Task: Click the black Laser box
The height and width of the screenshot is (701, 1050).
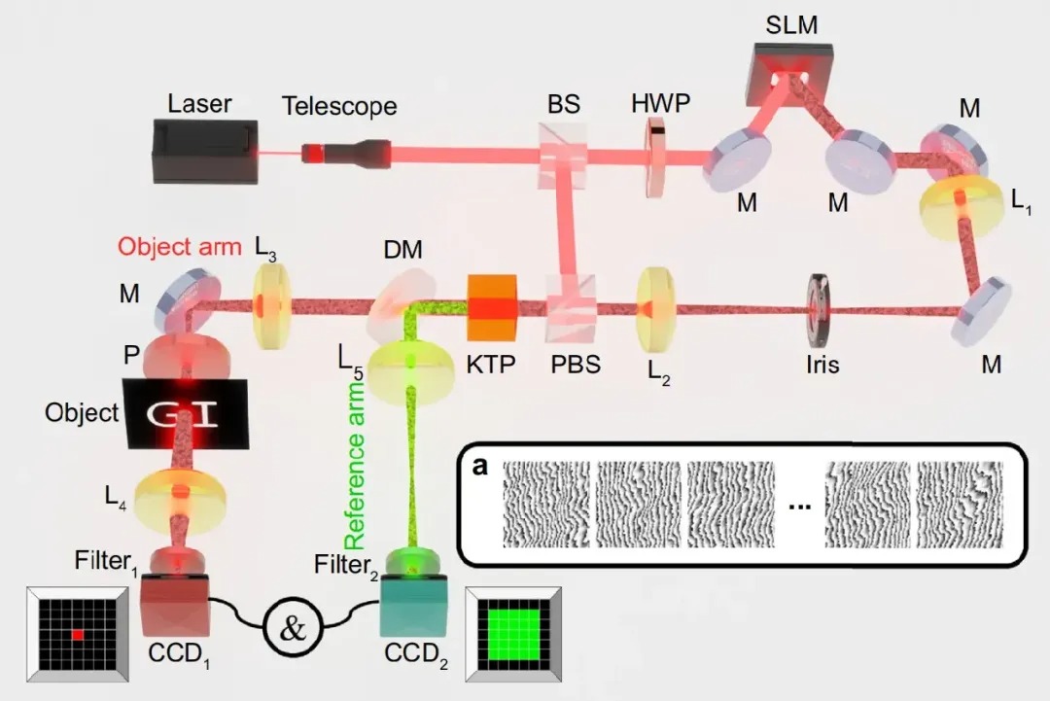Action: tap(205, 151)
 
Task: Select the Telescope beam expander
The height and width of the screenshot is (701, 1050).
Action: tap(345, 153)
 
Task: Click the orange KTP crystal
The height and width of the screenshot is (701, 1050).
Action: tap(492, 307)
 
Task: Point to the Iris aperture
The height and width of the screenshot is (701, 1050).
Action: tap(819, 308)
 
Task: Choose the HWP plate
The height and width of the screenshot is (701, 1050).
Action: tap(656, 157)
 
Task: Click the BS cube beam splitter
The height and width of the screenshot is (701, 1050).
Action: tap(564, 155)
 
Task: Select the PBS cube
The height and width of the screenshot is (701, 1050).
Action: tap(573, 307)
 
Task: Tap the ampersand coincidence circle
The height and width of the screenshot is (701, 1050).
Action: tap(293, 627)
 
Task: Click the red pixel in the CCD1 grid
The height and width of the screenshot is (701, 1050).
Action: tap(79, 635)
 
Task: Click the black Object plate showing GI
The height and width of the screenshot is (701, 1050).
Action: tap(186, 414)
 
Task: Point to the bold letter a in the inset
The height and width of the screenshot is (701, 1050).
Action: tap(479, 467)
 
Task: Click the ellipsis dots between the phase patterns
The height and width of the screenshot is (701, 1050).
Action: tap(799, 507)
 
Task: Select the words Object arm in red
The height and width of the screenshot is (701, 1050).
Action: tap(180, 246)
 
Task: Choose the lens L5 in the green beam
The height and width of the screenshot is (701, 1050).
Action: tap(411, 372)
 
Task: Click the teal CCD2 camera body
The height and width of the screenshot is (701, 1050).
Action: tap(414, 607)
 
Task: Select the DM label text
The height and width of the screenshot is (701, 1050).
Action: tap(403, 249)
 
